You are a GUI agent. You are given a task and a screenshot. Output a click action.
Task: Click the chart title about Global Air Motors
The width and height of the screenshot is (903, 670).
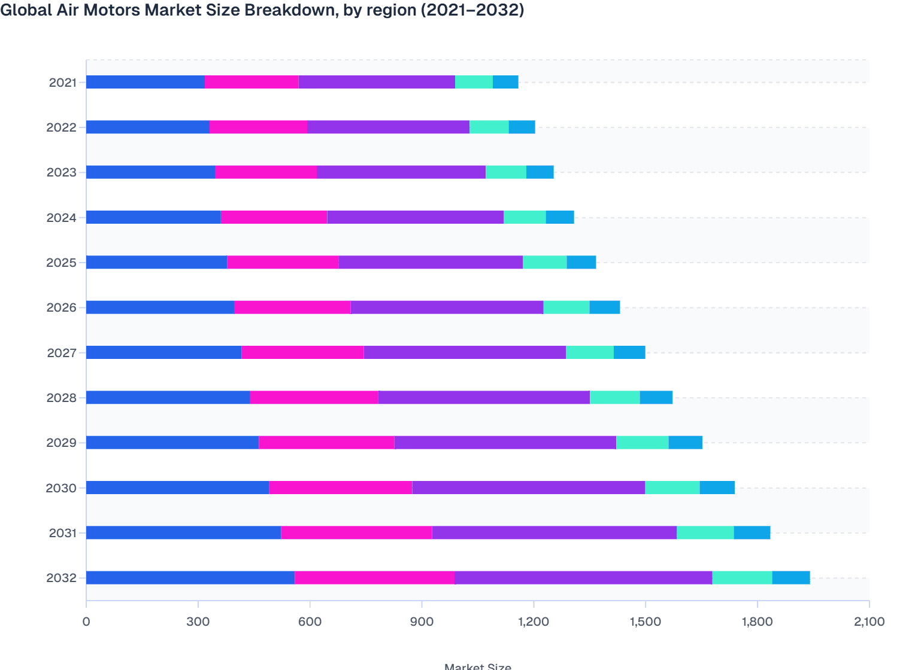(x=262, y=10)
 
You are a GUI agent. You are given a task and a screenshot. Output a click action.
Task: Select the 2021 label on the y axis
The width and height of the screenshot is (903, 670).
(x=62, y=83)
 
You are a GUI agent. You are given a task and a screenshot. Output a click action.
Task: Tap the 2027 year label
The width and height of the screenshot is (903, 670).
(x=62, y=353)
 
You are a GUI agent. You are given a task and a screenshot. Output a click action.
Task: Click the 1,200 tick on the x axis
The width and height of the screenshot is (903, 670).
(x=534, y=622)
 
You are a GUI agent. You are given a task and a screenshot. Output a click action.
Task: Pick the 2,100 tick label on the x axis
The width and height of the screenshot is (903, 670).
(x=868, y=622)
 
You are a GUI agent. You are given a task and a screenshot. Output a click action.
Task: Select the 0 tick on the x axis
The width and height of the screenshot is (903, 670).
(x=86, y=622)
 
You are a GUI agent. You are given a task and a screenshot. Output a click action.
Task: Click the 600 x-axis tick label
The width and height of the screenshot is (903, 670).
(x=310, y=622)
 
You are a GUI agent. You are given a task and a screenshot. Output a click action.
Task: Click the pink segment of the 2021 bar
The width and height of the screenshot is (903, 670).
(x=251, y=82)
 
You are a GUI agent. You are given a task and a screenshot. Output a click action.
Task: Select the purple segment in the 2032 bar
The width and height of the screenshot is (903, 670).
(x=583, y=578)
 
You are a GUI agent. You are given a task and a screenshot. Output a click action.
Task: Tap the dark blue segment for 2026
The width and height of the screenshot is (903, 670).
(x=160, y=307)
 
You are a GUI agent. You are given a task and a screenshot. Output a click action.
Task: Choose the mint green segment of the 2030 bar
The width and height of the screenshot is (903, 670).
(x=672, y=488)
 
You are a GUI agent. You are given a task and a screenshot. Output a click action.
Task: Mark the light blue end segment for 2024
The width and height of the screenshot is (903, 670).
(x=560, y=217)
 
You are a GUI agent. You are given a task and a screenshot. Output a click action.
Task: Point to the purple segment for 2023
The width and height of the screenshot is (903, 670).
(x=401, y=172)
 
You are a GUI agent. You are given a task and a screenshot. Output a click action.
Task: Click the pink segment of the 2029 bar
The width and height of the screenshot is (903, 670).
(x=326, y=443)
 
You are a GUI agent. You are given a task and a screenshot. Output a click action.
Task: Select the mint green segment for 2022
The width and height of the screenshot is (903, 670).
(x=489, y=127)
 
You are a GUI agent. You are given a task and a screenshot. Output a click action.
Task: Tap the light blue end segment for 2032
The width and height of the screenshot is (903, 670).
(x=791, y=578)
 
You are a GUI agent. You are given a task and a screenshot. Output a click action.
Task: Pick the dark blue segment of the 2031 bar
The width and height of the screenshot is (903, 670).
(x=183, y=532)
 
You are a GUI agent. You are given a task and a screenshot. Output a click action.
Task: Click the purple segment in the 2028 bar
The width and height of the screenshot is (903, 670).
(x=484, y=397)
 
